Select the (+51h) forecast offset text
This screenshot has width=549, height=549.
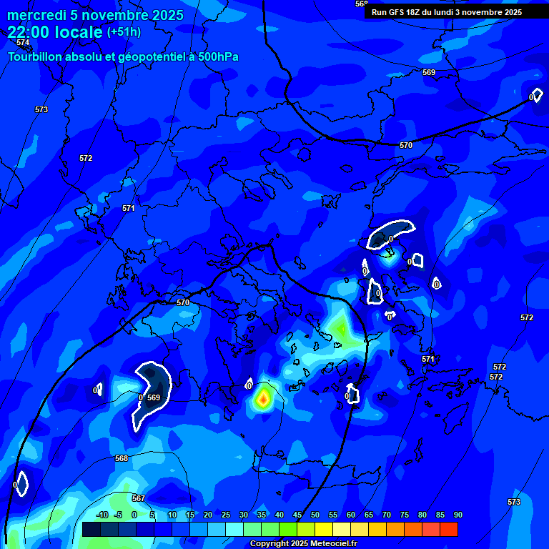[x=124, y=32]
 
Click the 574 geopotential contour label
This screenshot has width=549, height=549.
[x=23, y=43]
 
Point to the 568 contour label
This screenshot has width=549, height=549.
[x=122, y=458]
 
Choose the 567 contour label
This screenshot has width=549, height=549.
[x=139, y=498]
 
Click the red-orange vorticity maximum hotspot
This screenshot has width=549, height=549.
[x=263, y=398]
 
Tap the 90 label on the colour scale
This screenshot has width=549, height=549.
[x=457, y=515]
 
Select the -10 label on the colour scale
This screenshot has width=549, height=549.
[x=102, y=515]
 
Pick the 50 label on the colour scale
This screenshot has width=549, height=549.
[x=315, y=515]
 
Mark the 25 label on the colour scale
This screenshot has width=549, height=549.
[x=226, y=515]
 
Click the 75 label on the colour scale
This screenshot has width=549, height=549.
[x=405, y=515]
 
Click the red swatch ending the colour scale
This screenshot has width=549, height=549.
[x=449, y=529]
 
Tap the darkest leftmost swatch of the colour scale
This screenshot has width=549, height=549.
[x=91, y=529]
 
